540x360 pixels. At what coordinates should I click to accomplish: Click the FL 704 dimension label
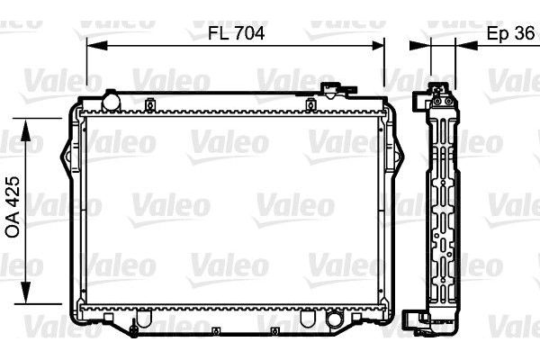(235, 32)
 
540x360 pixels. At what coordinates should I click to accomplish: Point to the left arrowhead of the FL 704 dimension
(93, 41)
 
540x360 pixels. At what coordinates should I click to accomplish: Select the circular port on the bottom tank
(336, 319)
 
